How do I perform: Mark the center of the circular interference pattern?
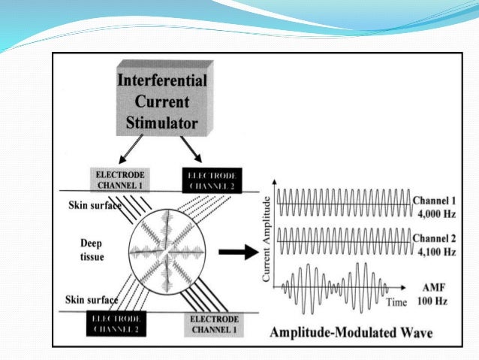(167, 254)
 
